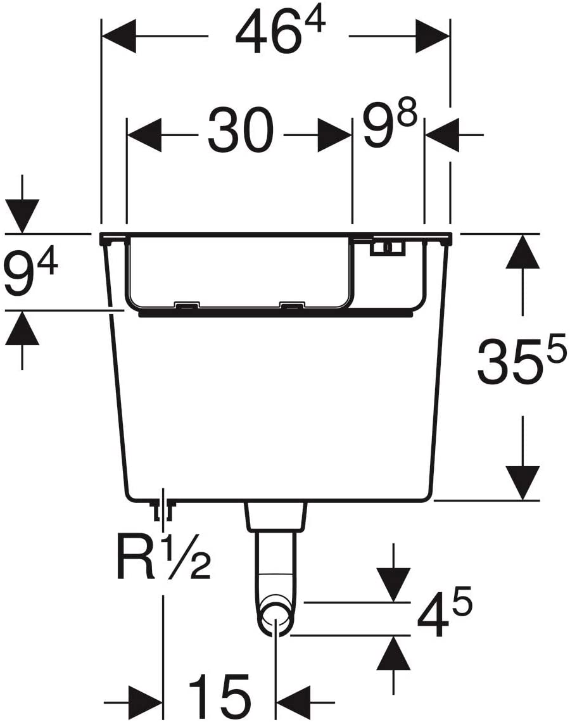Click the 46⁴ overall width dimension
[281, 33]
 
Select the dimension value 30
[241, 130]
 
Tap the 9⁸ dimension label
[389, 125]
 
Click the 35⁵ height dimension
[521, 360]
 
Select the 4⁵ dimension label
[445, 611]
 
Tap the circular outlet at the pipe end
[275, 618]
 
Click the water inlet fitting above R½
[163, 509]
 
